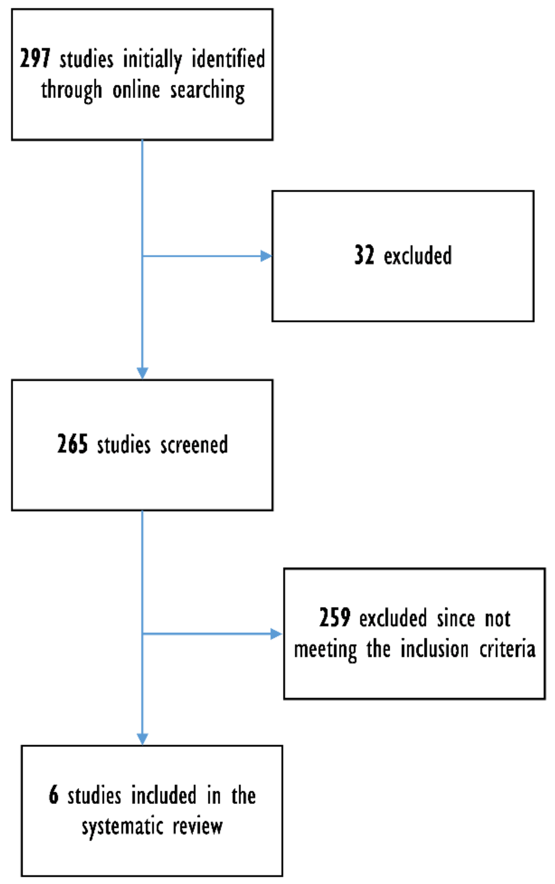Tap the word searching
207,91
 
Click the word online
136,90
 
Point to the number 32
364,255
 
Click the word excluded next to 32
418,256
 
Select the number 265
72,444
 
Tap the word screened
194,445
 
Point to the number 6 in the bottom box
53,795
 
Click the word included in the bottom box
164,796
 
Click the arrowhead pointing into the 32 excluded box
266,256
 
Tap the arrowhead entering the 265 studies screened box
142,373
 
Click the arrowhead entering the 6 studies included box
142,739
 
